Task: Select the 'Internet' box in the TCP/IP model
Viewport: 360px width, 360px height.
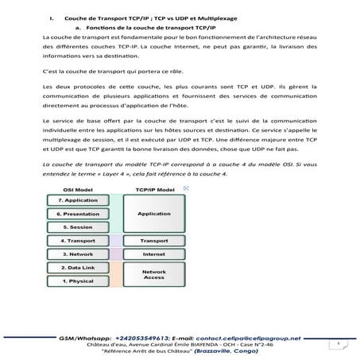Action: tap(153, 254)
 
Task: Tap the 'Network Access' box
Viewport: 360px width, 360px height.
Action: tap(153, 275)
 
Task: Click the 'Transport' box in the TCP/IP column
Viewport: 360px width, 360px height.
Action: tap(153, 240)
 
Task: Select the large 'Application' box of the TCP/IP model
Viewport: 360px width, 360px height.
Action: tap(153, 214)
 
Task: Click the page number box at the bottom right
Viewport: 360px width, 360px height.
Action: tap(337, 343)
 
